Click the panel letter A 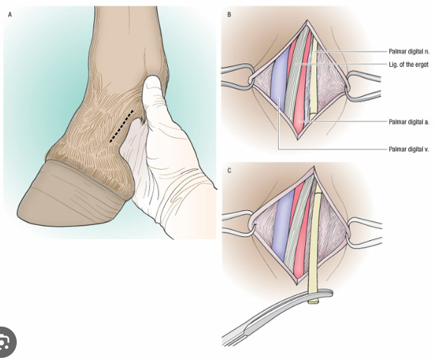(x=10, y=15)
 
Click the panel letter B (x=229, y=15)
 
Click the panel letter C (x=229, y=171)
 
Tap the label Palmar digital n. (x=409, y=52)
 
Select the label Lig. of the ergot (x=409, y=65)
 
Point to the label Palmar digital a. (x=409, y=122)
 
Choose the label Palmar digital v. (x=409, y=150)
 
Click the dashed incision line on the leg (x=122, y=127)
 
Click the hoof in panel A (x=73, y=194)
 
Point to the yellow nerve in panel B (x=314, y=80)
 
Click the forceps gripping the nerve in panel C (x=277, y=315)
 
